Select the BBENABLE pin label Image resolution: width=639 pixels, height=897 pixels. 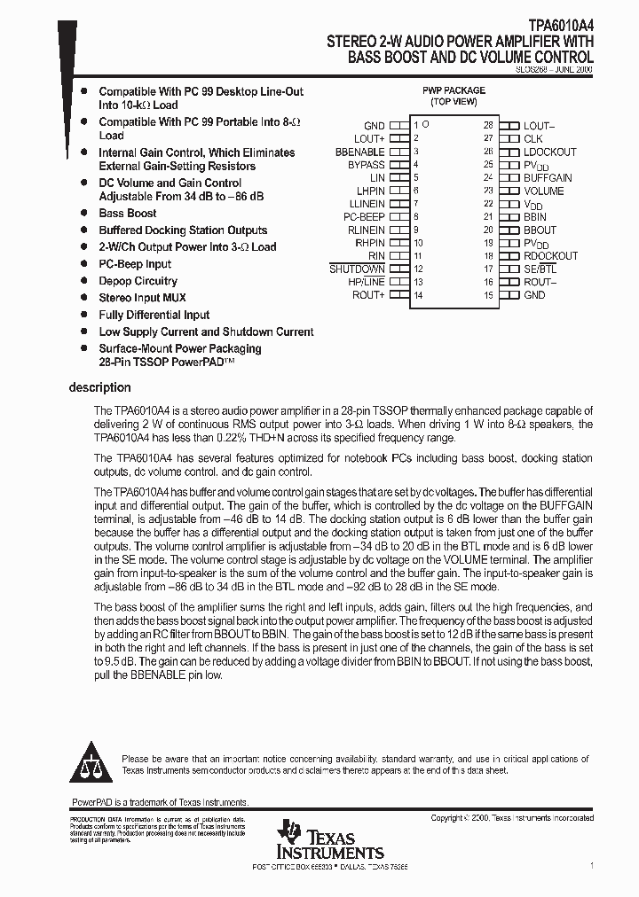[x=359, y=152]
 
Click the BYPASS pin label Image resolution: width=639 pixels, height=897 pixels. [x=366, y=165]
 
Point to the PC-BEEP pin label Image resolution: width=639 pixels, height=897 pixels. [x=364, y=216]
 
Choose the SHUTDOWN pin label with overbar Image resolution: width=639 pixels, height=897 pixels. [x=357, y=269]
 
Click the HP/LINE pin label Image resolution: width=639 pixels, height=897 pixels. [x=367, y=282]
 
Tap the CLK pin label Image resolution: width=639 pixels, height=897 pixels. [x=532, y=139]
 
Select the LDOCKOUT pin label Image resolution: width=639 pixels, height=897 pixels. [x=549, y=152]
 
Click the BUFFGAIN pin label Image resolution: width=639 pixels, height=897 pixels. [x=548, y=178]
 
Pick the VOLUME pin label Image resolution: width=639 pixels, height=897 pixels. [x=543, y=191]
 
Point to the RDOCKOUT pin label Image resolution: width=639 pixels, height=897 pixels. [x=550, y=255]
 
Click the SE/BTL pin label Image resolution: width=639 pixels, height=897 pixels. [x=540, y=269]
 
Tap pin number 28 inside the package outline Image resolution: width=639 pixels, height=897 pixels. [x=487, y=126]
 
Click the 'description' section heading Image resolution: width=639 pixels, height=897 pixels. [x=99, y=387]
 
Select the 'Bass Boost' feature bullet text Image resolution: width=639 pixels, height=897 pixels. [x=128, y=214]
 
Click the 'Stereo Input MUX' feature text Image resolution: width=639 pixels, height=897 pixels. [x=142, y=298]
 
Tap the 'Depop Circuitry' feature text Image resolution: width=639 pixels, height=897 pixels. [x=138, y=281]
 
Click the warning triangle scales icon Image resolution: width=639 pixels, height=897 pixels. [x=91, y=765]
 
